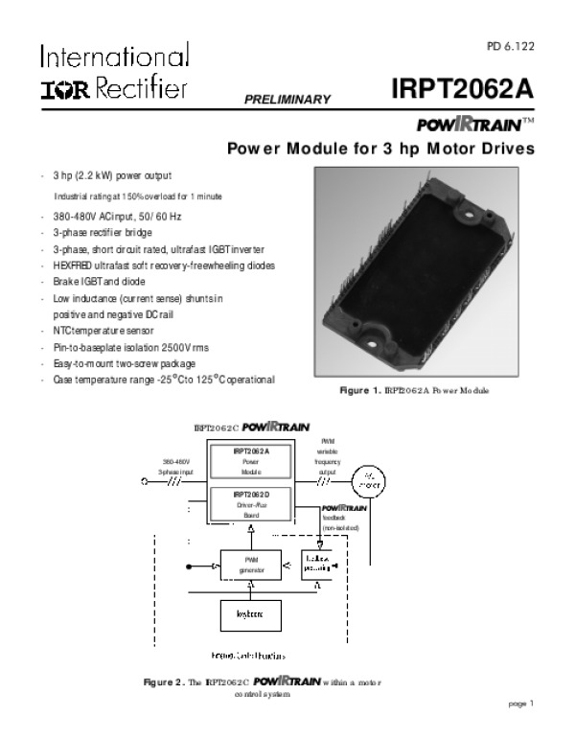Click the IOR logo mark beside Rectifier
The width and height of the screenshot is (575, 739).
(63, 90)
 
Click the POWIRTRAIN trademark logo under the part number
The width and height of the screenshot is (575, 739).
(471, 126)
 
